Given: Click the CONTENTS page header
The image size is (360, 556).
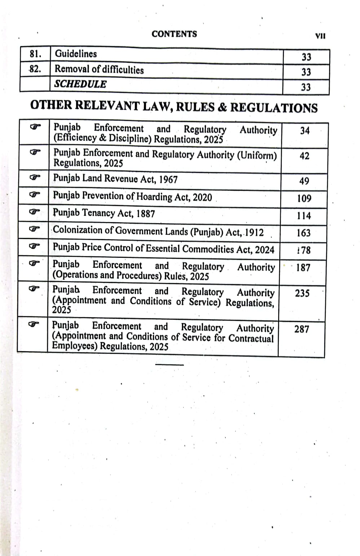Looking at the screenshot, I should [174, 34].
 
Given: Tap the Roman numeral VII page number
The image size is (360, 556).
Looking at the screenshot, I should [320, 36].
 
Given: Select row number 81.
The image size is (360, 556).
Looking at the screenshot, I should [35, 54].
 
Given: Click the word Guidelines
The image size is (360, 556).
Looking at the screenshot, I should [76, 54].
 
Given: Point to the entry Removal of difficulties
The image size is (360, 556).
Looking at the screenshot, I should [99, 69].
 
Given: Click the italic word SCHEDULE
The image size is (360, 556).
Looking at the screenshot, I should [80, 84].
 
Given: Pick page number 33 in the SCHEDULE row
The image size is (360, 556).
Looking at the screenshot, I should [306, 87].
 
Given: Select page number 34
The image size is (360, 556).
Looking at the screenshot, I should [305, 131].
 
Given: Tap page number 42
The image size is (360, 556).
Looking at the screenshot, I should [304, 156].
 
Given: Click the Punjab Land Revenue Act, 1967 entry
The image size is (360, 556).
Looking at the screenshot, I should [115, 178].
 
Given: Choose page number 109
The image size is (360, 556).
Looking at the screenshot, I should [304, 198].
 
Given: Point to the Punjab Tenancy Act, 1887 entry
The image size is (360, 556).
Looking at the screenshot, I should [104, 213].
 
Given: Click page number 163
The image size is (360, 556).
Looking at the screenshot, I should [303, 233].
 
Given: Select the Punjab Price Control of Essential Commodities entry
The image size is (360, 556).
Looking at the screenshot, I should [163, 248].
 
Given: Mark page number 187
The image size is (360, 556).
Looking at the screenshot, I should [303, 268].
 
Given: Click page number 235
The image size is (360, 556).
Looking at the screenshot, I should [302, 293].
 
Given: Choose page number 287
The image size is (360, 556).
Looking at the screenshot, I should [302, 329].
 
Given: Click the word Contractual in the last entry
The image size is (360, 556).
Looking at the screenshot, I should [251, 338].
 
